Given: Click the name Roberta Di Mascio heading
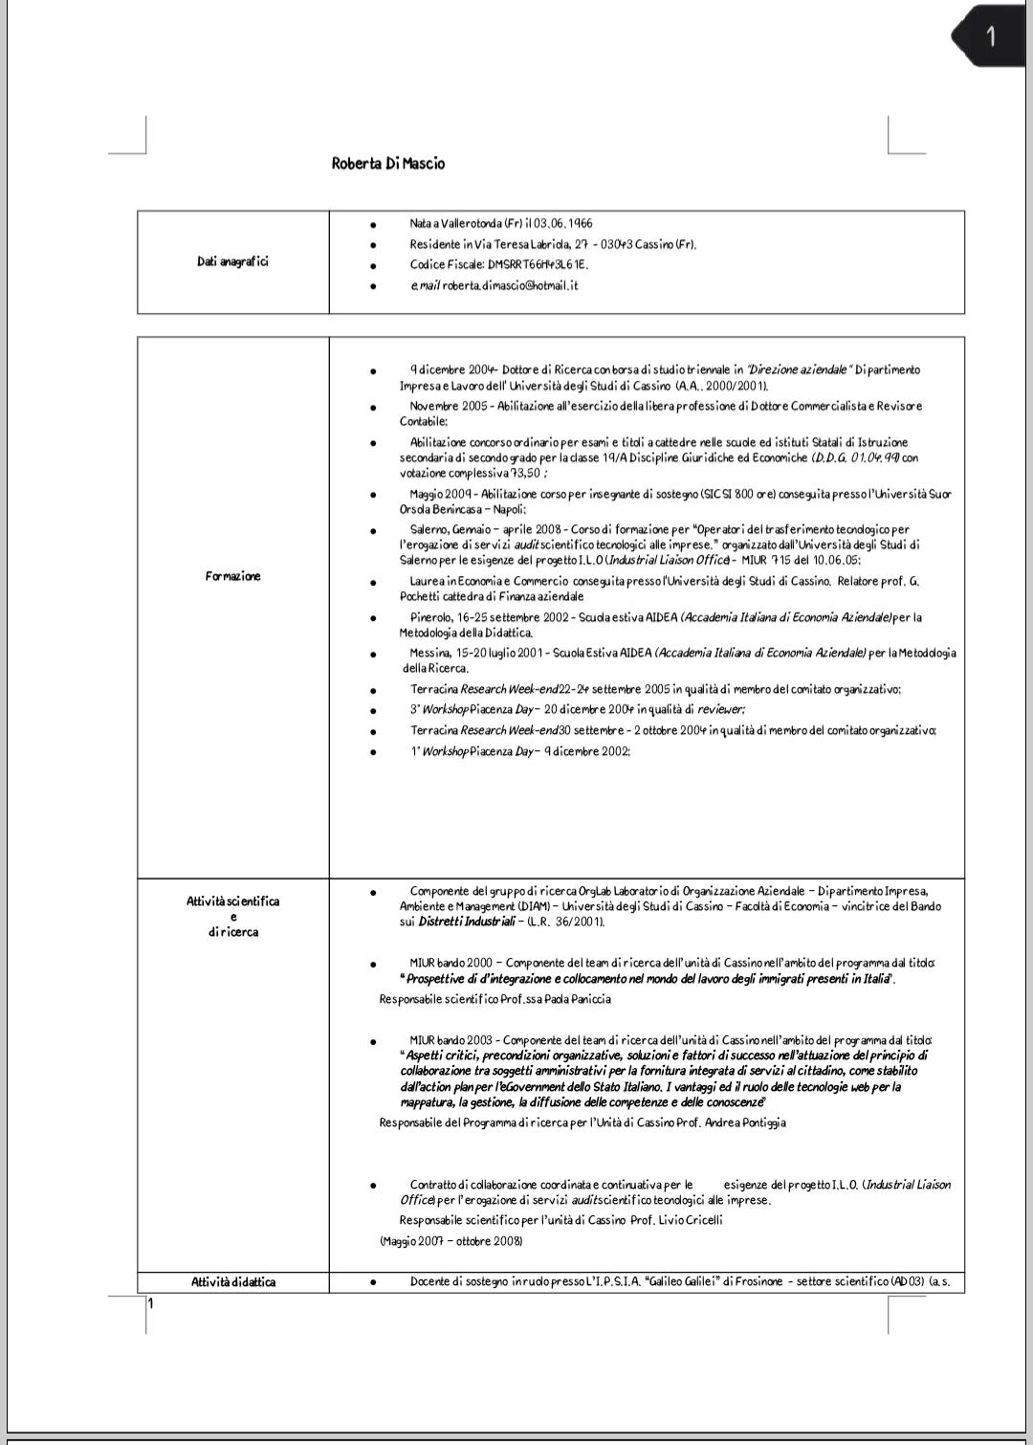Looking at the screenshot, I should pos(388,164).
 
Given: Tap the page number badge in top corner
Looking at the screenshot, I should pos(990,36).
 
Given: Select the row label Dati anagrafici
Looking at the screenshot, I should pos(232,262).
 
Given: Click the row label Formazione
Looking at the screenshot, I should pos(232,576).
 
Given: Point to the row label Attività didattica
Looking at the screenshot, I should pos(232,1282).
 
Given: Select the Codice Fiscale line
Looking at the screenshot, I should pos(498,264).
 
